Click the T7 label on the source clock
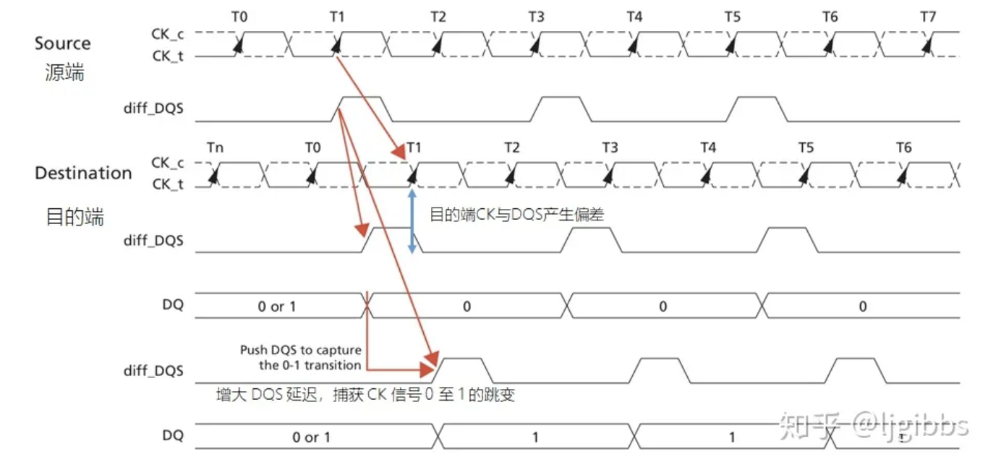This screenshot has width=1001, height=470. (x=928, y=17)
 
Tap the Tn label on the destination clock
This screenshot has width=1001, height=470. (x=215, y=148)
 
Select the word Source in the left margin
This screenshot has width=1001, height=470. (x=63, y=43)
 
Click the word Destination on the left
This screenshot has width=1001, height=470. (x=83, y=174)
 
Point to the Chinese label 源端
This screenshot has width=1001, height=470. (x=64, y=72)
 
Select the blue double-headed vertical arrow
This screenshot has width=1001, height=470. (x=412, y=221)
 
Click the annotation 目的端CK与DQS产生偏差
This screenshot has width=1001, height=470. (x=516, y=215)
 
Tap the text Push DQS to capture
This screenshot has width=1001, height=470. (x=300, y=351)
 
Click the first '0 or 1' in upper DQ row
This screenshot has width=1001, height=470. (x=277, y=307)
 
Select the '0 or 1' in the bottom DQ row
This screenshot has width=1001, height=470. (x=312, y=437)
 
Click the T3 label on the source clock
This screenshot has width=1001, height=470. (x=536, y=17)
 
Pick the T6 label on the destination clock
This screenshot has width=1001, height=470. (x=904, y=148)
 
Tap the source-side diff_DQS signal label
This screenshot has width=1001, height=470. (x=153, y=109)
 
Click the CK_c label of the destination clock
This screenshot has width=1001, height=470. (x=167, y=163)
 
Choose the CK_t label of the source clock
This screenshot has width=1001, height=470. (x=167, y=55)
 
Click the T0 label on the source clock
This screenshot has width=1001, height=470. (x=239, y=17)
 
